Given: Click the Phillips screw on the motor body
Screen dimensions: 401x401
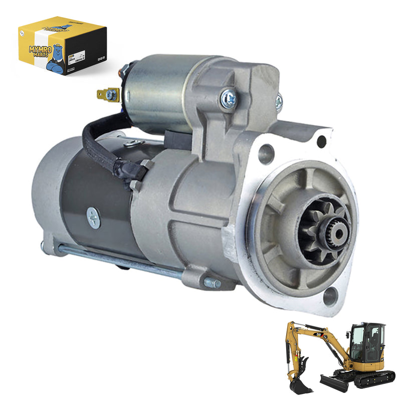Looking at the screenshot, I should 93,218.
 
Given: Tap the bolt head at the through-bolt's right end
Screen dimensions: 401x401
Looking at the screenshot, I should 212,283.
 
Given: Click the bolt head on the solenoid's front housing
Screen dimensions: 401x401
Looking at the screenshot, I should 229,98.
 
